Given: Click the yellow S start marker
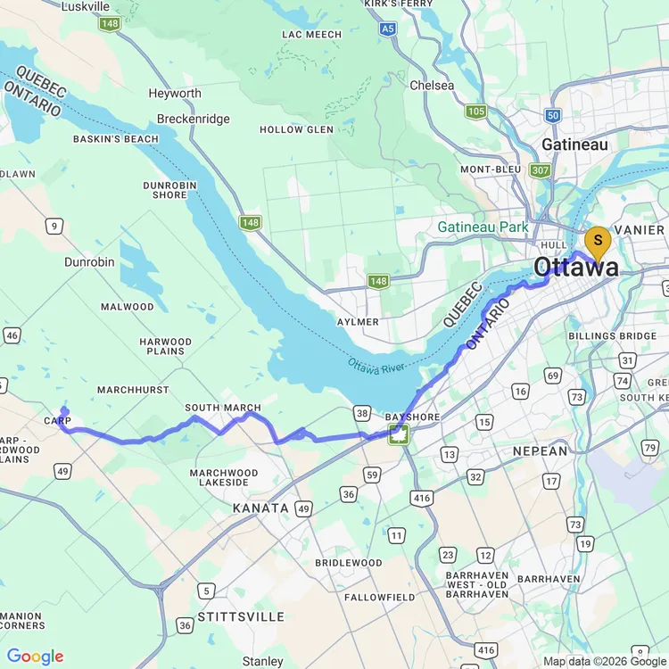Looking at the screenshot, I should (x=597, y=241).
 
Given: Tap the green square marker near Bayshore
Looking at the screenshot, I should (x=398, y=435).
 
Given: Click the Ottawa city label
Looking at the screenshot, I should (x=575, y=267).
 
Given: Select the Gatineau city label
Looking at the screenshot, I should (x=575, y=145).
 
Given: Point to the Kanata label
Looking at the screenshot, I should (x=260, y=508).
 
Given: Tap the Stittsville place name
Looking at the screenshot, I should (x=242, y=616).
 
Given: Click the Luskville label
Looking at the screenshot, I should (x=86, y=6).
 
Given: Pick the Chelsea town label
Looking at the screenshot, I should (x=432, y=86).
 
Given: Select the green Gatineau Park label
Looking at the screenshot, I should (x=483, y=227).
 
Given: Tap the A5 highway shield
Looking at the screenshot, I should (x=387, y=29).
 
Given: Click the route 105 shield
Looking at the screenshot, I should (x=475, y=111).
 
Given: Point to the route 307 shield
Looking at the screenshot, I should (x=539, y=169).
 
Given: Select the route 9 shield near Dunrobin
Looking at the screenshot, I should (x=55, y=227).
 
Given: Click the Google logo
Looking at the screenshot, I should (x=36, y=657).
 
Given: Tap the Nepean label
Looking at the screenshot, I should (x=540, y=451).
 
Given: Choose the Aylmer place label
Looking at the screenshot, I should (x=358, y=321).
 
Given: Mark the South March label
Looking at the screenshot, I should (x=223, y=408).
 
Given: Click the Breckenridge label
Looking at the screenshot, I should (x=193, y=119).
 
